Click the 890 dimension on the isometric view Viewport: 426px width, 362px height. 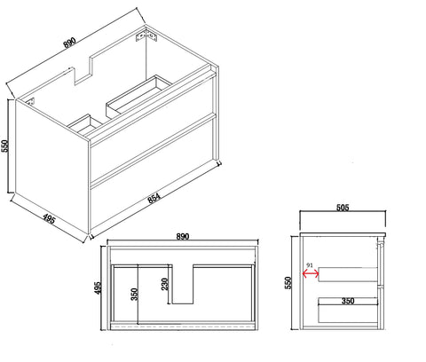point(70,43)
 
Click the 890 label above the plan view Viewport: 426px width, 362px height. point(183,237)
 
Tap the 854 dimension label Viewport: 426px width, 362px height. point(154,198)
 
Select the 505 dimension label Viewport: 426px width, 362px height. point(343,208)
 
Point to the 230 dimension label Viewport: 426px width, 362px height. point(165,284)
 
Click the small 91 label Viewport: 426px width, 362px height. point(310,265)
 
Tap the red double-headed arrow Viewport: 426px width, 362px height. point(311,274)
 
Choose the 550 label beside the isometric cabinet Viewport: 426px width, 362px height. point(5,146)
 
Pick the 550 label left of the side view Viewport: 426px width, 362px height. point(288,283)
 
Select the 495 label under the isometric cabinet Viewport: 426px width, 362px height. point(49,219)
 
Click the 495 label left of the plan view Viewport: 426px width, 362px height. point(98,288)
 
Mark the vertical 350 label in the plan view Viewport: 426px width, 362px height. point(134,295)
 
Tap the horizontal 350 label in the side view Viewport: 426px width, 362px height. point(348,301)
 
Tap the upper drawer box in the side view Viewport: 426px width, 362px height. point(348,274)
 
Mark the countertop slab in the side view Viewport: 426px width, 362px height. point(343,234)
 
